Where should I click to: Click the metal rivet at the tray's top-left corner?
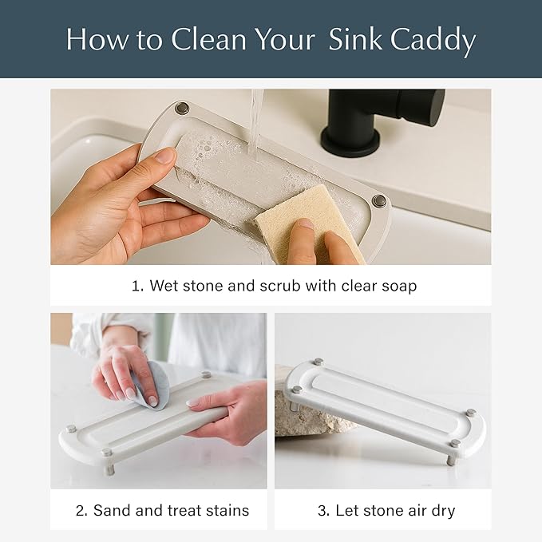pyautogui.click(x=183, y=108)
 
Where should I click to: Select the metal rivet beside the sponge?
pyautogui.click(x=378, y=201)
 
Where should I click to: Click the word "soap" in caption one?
pyautogui.click(x=396, y=286)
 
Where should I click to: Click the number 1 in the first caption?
pyautogui.click(x=135, y=286)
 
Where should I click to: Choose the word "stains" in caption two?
pyautogui.click(x=226, y=510)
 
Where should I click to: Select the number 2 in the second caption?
pyautogui.click(x=81, y=510)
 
